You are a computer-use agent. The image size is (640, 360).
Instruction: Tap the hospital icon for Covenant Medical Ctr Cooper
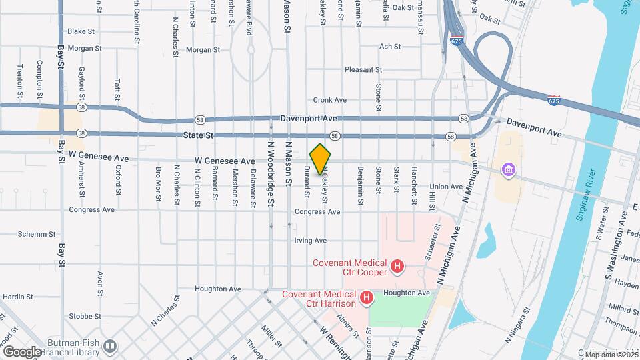[x=397, y=267]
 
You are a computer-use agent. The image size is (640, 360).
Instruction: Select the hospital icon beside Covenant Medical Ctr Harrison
[x=365, y=298]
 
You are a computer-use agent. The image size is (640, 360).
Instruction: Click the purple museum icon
[x=509, y=170]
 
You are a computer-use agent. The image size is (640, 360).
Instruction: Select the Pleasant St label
[x=363, y=69]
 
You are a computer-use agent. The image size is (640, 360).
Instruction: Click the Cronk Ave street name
[x=330, y=100]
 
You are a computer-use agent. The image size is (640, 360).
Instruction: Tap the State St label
[x=199, y=135]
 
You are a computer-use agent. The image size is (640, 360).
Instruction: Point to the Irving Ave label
[x=311, y=240]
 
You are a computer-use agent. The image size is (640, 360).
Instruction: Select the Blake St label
[x=82, y=31]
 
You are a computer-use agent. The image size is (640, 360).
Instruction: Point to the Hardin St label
[x=17, y=297]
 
